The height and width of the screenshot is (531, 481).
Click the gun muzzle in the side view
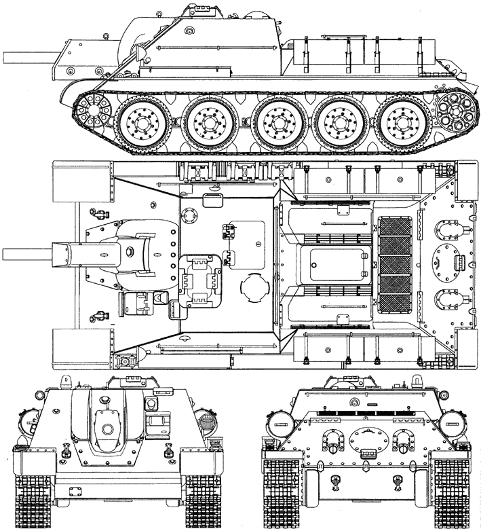(5, 55)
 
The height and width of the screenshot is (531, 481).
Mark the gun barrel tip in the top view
(5, 255)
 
